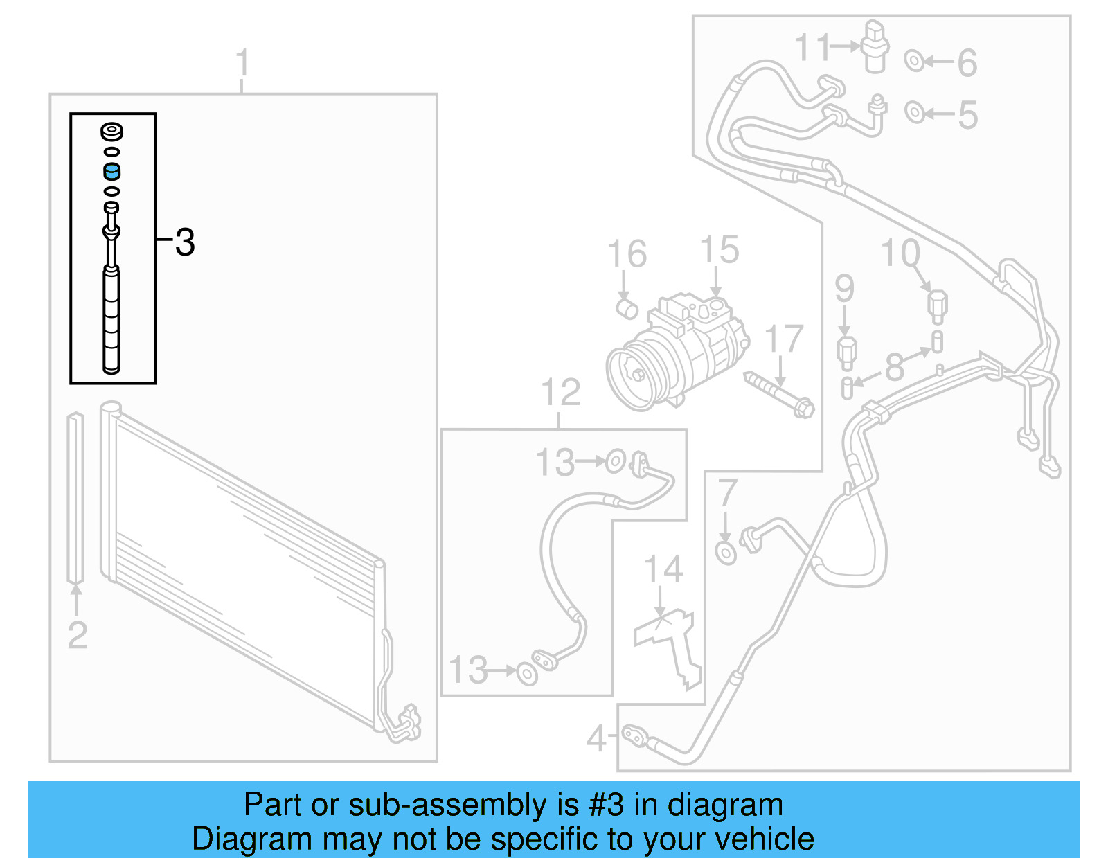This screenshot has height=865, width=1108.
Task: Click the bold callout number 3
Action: point(185,242)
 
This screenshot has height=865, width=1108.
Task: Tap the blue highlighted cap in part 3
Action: point(112,171)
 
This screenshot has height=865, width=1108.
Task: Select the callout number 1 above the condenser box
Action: point(242,63)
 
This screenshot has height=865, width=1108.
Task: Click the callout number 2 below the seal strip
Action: point(78,635)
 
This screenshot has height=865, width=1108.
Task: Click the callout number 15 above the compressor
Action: point(719,250)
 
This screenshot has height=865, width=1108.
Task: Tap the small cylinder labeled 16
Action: point(627,308)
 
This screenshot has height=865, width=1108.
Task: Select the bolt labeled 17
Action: point(780,395)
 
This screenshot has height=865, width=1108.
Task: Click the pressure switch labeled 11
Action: point(876,46)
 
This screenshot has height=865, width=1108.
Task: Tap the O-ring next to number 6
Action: point(914,62)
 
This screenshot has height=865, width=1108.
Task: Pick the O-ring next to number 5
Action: point(914,112)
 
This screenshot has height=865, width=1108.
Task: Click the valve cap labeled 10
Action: point(937,305)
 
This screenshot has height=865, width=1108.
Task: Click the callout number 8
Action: point(895,367)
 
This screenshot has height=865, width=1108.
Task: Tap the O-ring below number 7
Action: point(726,553)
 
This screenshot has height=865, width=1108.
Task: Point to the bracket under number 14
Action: point(668,644)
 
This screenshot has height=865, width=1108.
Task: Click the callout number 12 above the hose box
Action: point(560,393)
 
